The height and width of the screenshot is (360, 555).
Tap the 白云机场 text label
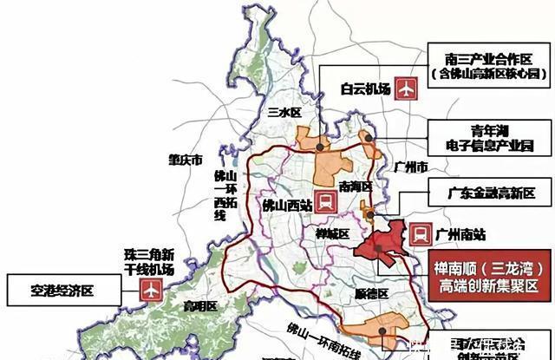pyautogui.click(x=359, y=88)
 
